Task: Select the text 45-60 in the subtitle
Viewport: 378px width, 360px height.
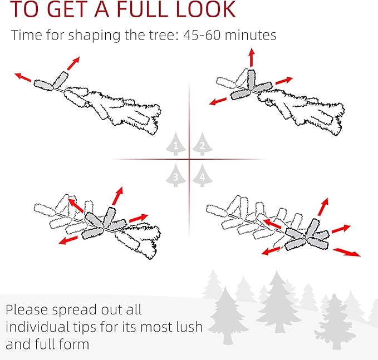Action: (x=202, y=35)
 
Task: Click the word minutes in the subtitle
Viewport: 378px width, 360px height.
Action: (x=251, y=35)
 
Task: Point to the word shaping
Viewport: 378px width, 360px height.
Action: (x=94, y=36)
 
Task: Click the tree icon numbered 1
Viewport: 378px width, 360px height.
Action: (x=176, y=144)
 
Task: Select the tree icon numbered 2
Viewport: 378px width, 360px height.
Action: (x=203, y=144)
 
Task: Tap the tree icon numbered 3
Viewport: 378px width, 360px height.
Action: (x=176, y=175)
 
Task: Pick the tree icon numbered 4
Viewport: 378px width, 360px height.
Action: (x=203, y=175)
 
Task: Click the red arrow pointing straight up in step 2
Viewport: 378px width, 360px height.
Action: (x=252, y=57)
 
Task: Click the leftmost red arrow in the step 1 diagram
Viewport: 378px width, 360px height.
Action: (x=23, y=77)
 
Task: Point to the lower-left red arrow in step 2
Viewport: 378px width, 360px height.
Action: (x=218, y=101)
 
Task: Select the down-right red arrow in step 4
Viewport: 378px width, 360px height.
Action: (x=347, y=252)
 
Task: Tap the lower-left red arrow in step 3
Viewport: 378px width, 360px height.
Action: (x=68, y=240)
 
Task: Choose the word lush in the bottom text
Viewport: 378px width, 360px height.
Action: (x=189, y=327)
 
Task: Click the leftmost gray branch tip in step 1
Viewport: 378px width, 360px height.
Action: (x=43, y=85)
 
